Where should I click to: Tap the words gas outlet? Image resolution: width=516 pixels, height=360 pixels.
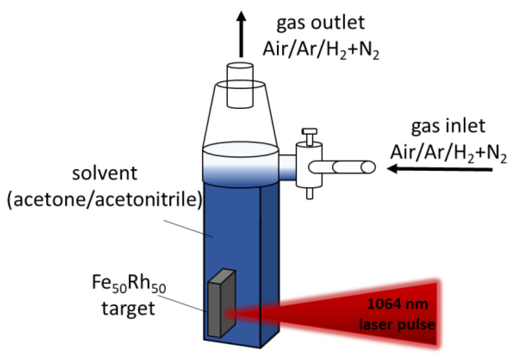click(x=320, y=23)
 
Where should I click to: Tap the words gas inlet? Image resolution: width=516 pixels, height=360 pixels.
click(x=448, y=126)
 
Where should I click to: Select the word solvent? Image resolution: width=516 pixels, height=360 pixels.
click(x=105, y=174)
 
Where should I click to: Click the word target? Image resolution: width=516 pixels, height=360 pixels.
click(x=128, y=309)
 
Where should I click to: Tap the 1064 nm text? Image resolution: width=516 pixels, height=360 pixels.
click(x=397, y=304)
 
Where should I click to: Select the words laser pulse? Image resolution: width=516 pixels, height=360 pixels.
click(x=397, y=324)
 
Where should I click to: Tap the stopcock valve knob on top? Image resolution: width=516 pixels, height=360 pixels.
click(x=309, y=132)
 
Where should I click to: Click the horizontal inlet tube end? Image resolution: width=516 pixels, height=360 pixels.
click(x=368, y=168)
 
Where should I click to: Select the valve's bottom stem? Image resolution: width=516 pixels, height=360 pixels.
click(x=309, y=193)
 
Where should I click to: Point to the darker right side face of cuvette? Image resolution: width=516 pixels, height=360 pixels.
click(x=269, y=258)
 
